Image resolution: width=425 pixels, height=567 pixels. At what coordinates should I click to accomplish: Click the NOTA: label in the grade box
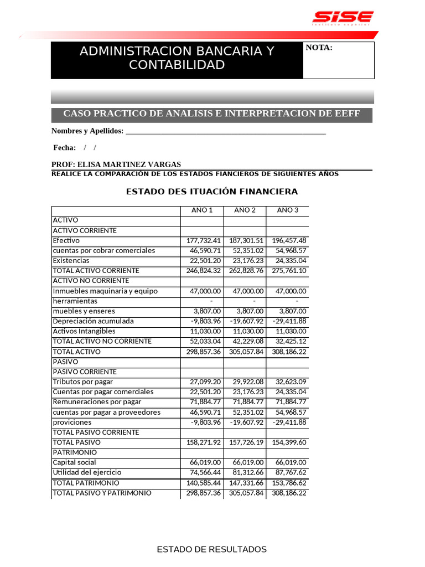[319, 48]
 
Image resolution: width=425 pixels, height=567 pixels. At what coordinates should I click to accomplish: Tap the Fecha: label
[64, 148]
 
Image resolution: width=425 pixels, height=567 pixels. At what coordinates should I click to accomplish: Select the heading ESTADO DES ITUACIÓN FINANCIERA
[212, 192]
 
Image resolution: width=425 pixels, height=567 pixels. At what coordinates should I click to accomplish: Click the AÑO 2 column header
[245, 210]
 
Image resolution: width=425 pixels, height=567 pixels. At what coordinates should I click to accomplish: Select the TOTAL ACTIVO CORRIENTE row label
[96, 271]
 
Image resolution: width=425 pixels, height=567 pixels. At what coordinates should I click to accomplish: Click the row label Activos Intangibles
[84, 331]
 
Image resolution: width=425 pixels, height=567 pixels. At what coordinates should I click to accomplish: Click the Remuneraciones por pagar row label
[97, 402]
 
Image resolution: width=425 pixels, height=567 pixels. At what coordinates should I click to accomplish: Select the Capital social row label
[74, 462]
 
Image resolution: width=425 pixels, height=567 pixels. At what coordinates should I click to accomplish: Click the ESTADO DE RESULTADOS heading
[212, 549]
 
